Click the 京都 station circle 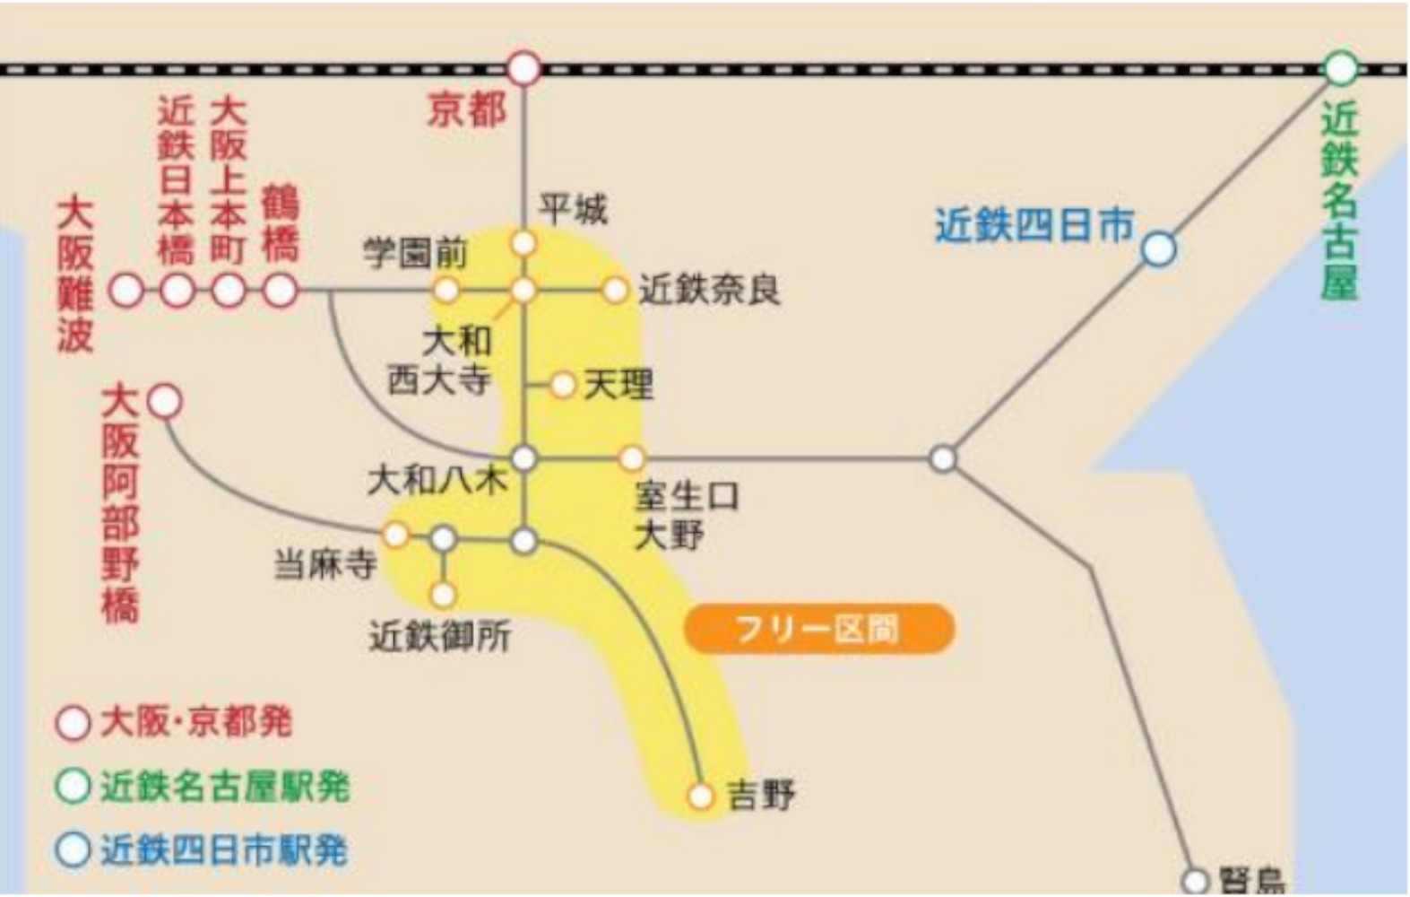[524, 68]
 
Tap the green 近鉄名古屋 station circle [1341, 68]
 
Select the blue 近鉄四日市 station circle [1158, 248]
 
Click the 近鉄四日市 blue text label [1034, 225]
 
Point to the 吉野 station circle [700, 796]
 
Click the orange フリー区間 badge [818, 629]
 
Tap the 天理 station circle [563, 385]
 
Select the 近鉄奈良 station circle [615, 290]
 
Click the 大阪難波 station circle [126, 290]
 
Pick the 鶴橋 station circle [281, 290]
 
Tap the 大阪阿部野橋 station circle [165, 401]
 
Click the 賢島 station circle [1195, 879]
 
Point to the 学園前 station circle [446, 290]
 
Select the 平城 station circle [524, 243]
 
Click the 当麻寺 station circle [395, 536]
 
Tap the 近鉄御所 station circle [443, 594]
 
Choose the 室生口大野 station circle [632, 458]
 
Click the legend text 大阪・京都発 [196, 722]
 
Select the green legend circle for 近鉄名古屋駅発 [73, 787]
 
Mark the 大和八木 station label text [437, 481]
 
